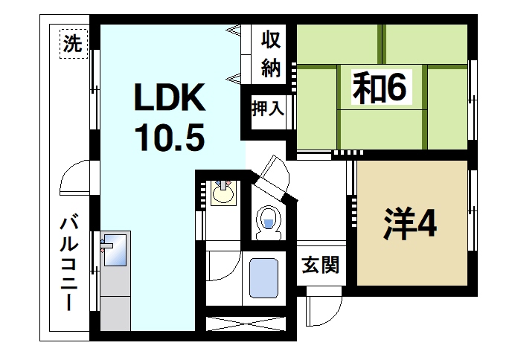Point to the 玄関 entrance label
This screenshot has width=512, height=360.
pyautogui.click(x=321, y=264)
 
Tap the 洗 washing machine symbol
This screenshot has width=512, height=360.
pyautogui.click(x=72, y=43)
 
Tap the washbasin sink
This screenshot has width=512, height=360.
pyautogui.click(x=222, y=193)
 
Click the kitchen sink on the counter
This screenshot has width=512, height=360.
pyautogui.click(x=114, y=249)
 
